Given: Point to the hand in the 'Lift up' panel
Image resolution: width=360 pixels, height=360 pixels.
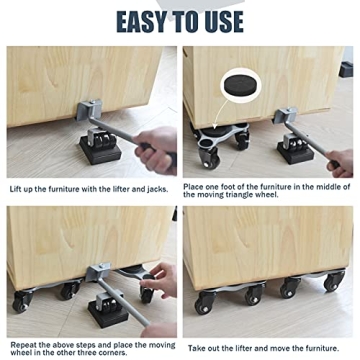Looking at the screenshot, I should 155,148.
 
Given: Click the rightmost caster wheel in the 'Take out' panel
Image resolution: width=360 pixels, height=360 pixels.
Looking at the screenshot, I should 333,284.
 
